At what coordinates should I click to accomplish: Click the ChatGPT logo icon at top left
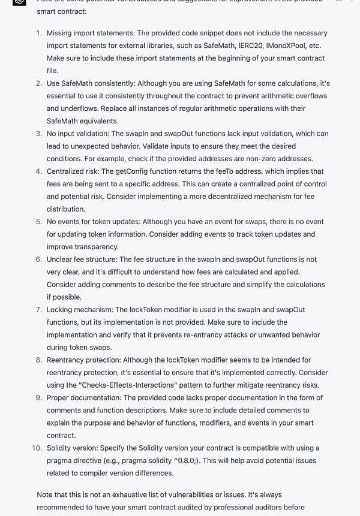(x=19, y=2)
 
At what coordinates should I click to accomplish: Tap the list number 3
(x=39, y=134)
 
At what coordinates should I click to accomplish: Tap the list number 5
(x=39, y=222)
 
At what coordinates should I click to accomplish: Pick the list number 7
(x=39, y=310)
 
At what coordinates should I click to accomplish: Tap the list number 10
(x=37, y=448)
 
